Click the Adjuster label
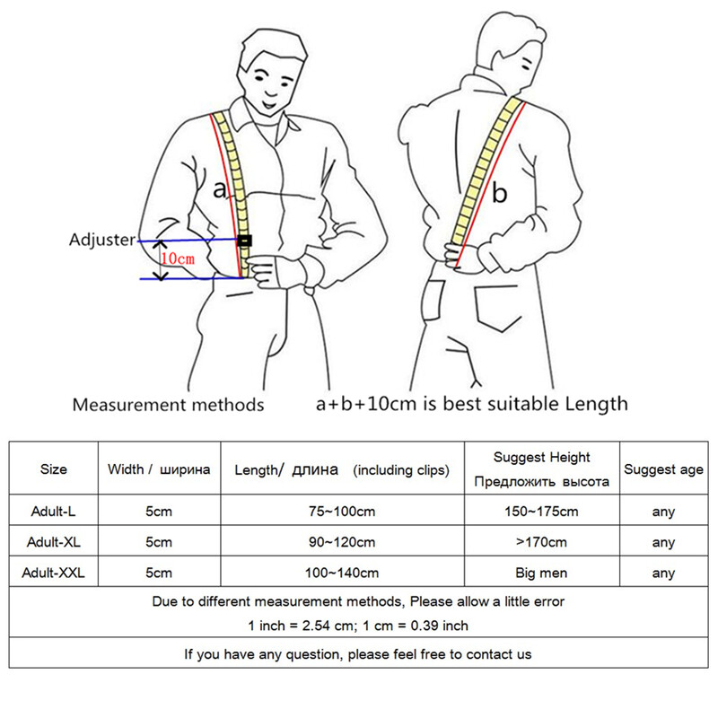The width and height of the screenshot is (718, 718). [102, 240]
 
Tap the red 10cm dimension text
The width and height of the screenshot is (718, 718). [178, 258]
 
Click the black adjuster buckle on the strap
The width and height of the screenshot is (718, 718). [244, 241]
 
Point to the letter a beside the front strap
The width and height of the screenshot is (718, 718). [220, 189]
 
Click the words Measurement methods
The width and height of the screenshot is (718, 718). [168, 405]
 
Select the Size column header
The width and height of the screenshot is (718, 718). [54, 468]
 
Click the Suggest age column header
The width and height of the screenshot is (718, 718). [663, 469]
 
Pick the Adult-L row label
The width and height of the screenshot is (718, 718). [54, 511]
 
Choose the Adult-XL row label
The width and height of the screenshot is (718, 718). [54, 542]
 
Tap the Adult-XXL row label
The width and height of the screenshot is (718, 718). [54, 573]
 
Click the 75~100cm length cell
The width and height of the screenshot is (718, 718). [342, 511]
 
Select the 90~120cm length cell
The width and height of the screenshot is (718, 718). [342, 542]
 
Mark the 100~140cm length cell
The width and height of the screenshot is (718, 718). [342, 573]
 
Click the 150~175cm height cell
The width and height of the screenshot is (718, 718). [542, 511]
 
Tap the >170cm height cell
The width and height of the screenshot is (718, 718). [542, 542]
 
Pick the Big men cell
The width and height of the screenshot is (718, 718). [542, 573]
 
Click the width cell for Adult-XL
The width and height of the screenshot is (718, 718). [159, 542]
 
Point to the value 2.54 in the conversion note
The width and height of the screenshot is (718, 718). [317, 626]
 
